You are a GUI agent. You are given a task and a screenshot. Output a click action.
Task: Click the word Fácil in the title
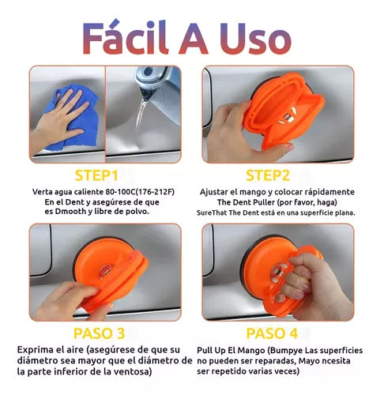(126, 37)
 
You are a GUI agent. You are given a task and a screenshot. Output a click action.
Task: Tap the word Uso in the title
(256, 39)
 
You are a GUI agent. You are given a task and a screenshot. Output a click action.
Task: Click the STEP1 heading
(96, 175)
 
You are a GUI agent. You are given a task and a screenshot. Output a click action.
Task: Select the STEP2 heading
(268, 175)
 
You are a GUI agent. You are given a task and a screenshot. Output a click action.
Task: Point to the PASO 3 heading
(99, 333)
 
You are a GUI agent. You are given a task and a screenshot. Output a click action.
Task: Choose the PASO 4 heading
(272, 333)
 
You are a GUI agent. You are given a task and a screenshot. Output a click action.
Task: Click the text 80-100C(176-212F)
(140, 192)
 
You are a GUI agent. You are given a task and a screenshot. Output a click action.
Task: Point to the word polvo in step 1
(137, 212)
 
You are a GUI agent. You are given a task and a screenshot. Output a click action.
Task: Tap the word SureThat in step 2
(212, 213)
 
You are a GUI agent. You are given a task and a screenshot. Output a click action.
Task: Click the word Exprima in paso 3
(35, 350)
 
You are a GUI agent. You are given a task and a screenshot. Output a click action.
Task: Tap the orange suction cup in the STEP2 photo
(283, 111)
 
